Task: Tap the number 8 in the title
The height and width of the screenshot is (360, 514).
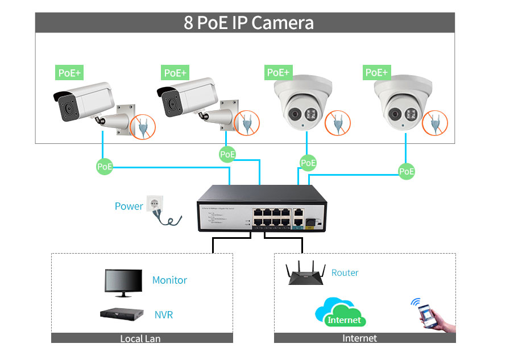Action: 188,23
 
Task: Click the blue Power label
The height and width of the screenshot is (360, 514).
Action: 128,206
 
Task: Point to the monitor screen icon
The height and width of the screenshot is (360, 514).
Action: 123,281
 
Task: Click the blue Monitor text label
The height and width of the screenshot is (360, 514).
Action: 169,280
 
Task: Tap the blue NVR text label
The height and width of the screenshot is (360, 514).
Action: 164,315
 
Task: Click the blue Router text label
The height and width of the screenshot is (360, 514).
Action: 345,273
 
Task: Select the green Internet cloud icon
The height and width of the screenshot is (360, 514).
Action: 341,313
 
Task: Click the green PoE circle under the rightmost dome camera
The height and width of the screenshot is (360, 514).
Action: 407,171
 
